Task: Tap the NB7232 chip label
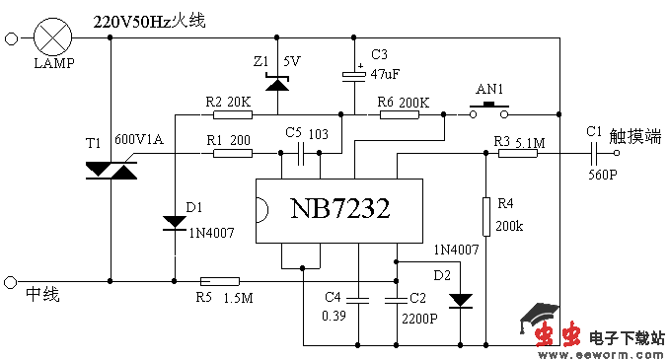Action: point(339,209)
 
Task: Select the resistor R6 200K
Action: point(400,114)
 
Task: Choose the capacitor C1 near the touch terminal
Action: point(593,153)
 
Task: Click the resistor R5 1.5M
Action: point(218,281)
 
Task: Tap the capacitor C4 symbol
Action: point(359,296)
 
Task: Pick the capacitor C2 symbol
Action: point(396,296)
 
